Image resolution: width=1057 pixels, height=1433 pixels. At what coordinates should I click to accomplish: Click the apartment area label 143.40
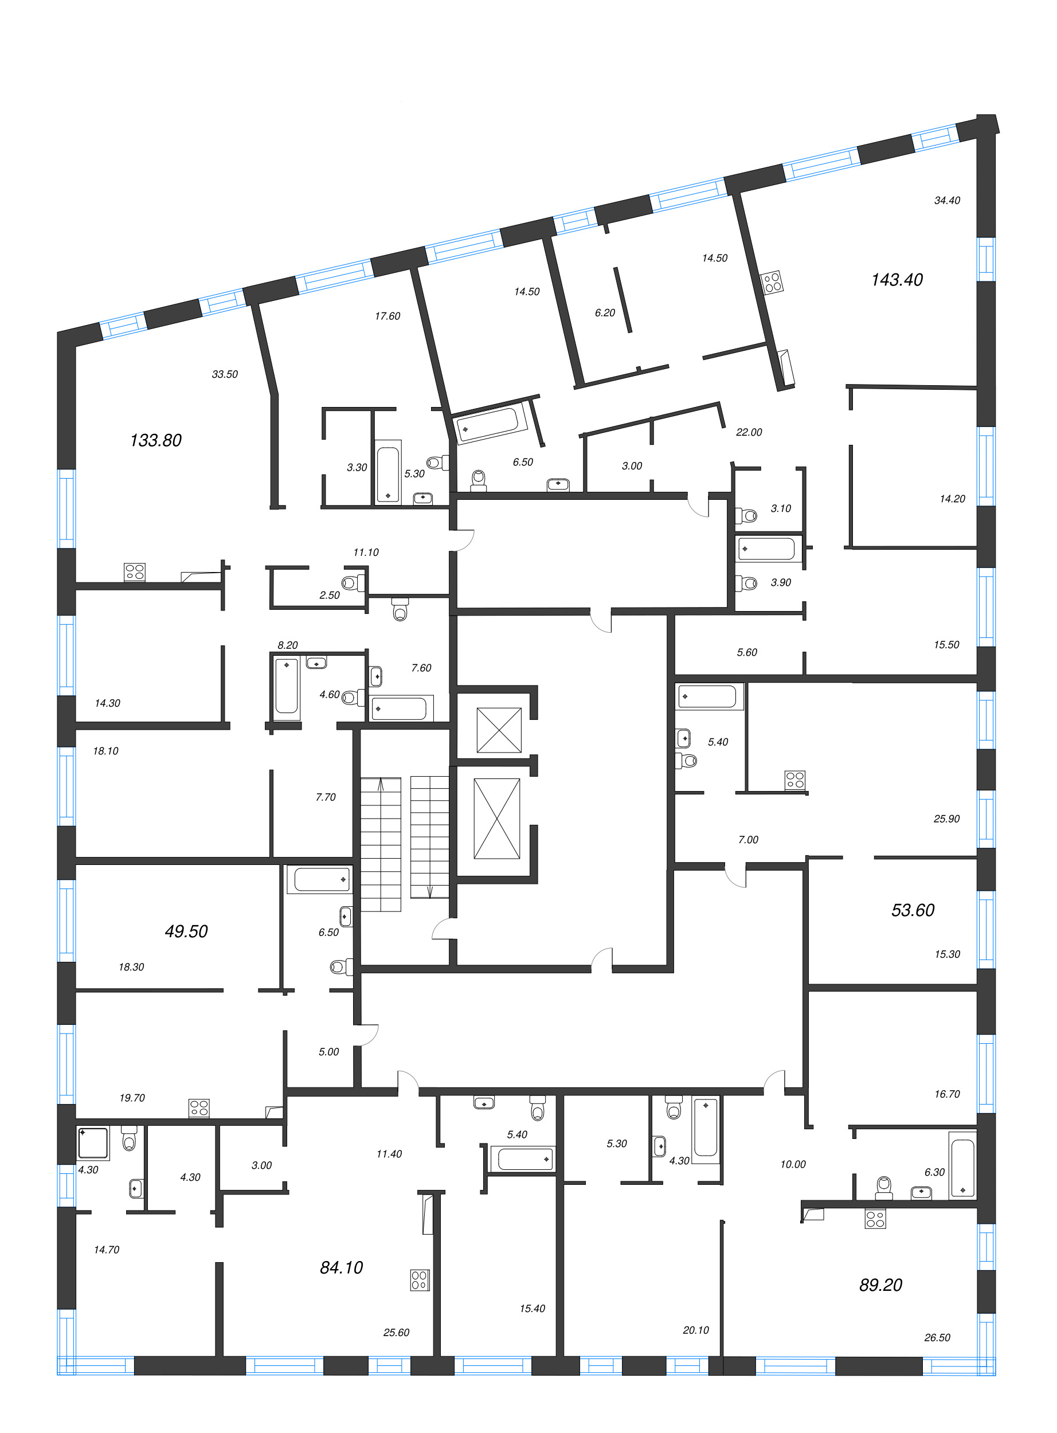point(897,280)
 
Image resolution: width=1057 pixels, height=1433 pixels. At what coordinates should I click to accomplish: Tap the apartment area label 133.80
point(155,440)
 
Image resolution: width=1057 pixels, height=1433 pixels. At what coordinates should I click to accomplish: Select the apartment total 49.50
point(186,931)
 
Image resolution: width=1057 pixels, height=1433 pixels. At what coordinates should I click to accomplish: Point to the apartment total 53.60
point(913,910)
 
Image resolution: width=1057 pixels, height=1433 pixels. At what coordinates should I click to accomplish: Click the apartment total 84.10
point(341,1267)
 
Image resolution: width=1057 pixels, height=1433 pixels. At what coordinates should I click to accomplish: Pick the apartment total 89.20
point(880,1285)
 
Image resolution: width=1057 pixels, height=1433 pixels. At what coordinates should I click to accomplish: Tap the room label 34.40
point(947,200)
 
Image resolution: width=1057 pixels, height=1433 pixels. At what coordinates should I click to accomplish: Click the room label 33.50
point(225,374)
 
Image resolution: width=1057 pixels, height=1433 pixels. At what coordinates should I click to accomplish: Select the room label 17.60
point(387,316)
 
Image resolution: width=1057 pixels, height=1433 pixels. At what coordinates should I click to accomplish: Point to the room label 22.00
point(749,432)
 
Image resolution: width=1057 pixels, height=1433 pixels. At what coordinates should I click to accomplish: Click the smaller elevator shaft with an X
point(499,730)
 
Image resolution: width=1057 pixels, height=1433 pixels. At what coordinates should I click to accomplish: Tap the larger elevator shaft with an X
point(497,818)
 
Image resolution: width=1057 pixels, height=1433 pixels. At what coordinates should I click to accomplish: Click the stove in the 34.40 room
point(772,281)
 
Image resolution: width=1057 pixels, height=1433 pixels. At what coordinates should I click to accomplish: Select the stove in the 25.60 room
point(420,1280)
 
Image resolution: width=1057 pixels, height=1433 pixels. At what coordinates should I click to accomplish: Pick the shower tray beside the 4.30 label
point(93,1143)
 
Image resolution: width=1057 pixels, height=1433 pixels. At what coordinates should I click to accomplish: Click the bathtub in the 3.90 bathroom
point(767,549)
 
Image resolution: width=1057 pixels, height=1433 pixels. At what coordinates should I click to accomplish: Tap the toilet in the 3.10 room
point(747,514)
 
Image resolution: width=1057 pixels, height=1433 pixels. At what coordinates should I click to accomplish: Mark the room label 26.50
point(937,1338)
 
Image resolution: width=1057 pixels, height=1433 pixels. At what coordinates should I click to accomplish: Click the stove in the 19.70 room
point(199,1108)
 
